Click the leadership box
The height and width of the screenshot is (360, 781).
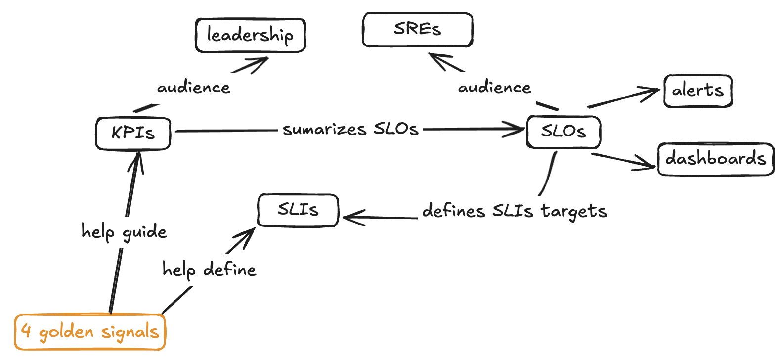coord(250,36)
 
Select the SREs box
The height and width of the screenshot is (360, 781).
coord(417,30)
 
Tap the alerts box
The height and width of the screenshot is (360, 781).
coord(697,91)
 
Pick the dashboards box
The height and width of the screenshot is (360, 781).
coord(715,159)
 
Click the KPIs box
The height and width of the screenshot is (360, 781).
coord(133,133)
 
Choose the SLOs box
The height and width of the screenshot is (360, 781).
coord(564,132)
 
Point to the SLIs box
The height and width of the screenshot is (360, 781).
coord(298,210)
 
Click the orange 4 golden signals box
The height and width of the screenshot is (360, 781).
coord(90,332)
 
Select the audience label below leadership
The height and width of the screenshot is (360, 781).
coord(193,88)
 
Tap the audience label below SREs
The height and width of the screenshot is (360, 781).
coord(494,88)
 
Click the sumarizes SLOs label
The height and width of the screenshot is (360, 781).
coord(350,130)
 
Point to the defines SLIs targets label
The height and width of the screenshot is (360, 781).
coord(515,211)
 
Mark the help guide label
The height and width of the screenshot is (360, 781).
coord(124,232)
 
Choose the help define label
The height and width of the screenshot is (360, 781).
coord(209,270)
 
